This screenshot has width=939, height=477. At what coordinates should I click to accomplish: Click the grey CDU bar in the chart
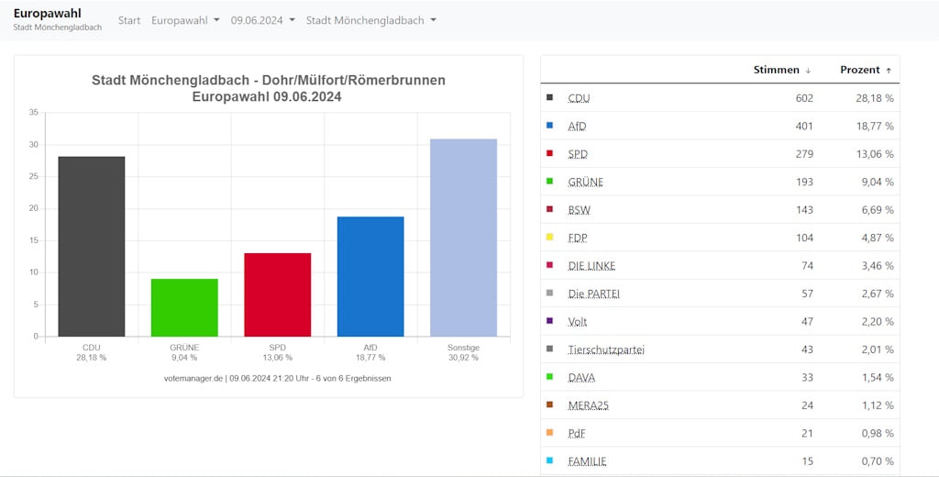(92, 246)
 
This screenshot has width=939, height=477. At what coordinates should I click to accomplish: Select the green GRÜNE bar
(184, 307)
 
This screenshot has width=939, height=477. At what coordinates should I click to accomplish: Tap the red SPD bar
(277, 294)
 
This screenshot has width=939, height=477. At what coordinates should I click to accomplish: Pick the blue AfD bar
(370, 276)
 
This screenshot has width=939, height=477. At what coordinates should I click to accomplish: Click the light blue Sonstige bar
(463, 238)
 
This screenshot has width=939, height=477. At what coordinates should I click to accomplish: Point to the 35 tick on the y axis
(34, 113)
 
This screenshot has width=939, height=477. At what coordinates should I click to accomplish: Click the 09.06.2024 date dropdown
(263, 20)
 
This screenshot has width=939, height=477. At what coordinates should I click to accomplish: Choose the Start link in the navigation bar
(128, 20)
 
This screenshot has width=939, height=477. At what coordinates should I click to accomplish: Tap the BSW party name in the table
(580, 210)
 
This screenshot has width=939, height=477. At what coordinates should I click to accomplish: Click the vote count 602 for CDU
(804, 98)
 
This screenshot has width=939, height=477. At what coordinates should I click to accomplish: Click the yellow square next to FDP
(550, 238)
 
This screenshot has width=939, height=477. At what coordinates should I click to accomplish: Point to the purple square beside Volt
(550, 321)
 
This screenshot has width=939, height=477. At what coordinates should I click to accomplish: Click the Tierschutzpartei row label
(606, 349)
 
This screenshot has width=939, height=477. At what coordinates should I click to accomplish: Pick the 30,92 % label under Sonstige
(463, 358)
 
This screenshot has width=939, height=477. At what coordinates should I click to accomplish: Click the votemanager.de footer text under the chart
(277, 379)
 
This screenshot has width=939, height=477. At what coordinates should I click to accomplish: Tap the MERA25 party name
(588, 405)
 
